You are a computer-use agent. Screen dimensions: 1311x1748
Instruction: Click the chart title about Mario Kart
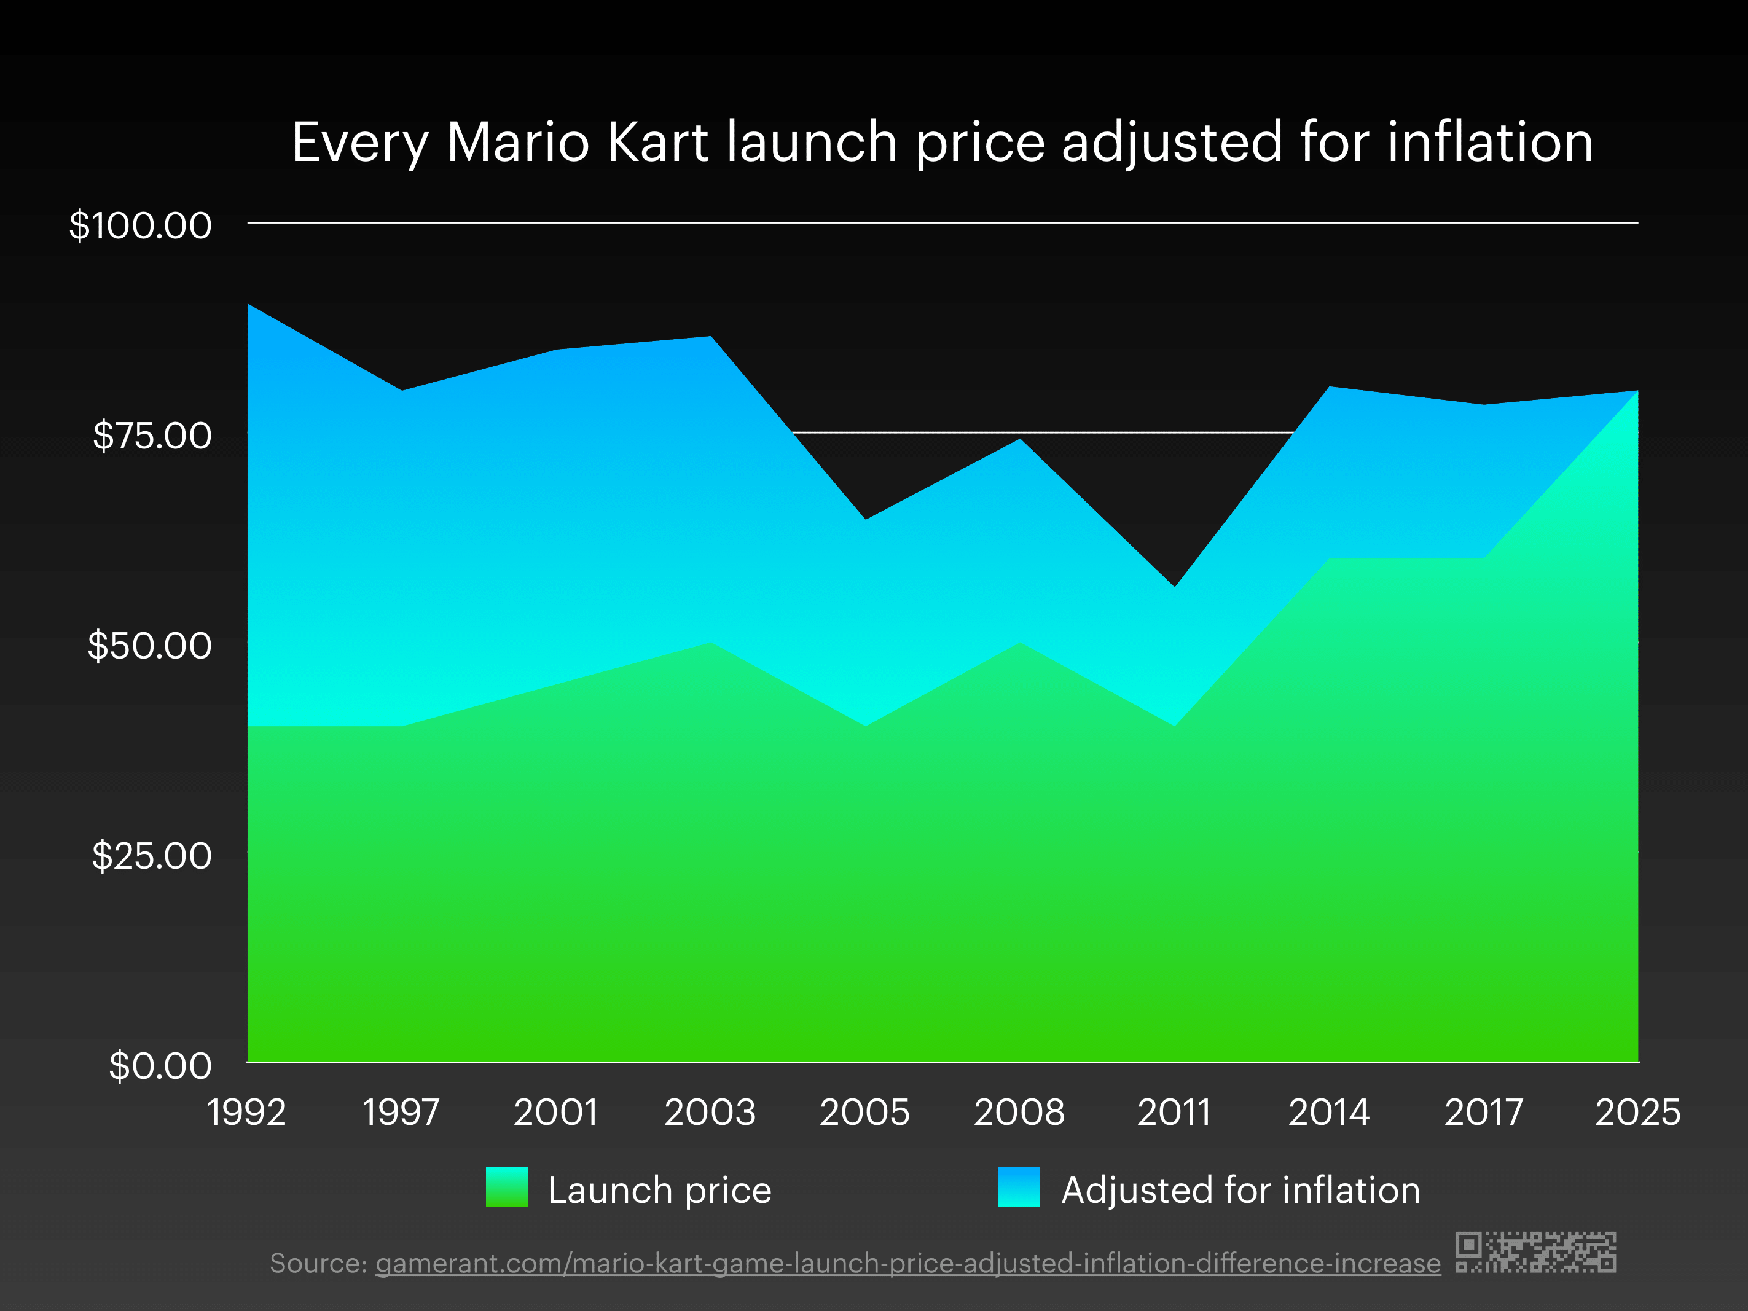coord(942,143)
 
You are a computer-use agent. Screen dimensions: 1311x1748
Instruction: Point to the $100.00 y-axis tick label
coord(141,226)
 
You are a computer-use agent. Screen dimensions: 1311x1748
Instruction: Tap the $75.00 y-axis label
coord(152,436)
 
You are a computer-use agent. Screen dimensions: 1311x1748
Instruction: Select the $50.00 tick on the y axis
coord(149,646)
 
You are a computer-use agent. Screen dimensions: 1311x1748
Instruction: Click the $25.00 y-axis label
coord(152,856)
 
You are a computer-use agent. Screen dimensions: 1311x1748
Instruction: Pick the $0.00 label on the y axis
coord(160,1065)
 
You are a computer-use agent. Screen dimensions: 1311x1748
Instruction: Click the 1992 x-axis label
coord(246,1113)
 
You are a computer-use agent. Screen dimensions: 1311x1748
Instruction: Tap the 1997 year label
coord(401,1113)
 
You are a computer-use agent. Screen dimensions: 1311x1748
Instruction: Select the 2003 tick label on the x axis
coord(710,1113)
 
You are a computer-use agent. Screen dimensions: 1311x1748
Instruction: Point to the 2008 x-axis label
coord(1019,1113)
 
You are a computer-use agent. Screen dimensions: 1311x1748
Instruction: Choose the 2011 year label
coord(1174,1113)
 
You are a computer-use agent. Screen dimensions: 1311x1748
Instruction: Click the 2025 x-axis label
coord(1637,1113)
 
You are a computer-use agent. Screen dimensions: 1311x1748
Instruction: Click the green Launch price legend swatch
coord(506,1187)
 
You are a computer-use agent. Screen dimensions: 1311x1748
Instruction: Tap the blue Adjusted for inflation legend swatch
coord(1018,1187)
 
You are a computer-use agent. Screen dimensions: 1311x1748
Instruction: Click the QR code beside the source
coord(1535,1252)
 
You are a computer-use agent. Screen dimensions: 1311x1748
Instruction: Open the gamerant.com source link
coord(907,1264)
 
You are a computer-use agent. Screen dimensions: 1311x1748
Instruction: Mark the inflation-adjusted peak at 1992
coord(249,305)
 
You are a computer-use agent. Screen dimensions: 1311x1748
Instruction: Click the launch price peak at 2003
coord(710,643)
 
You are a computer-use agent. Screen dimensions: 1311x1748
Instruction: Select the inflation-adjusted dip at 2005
coord(865,520)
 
